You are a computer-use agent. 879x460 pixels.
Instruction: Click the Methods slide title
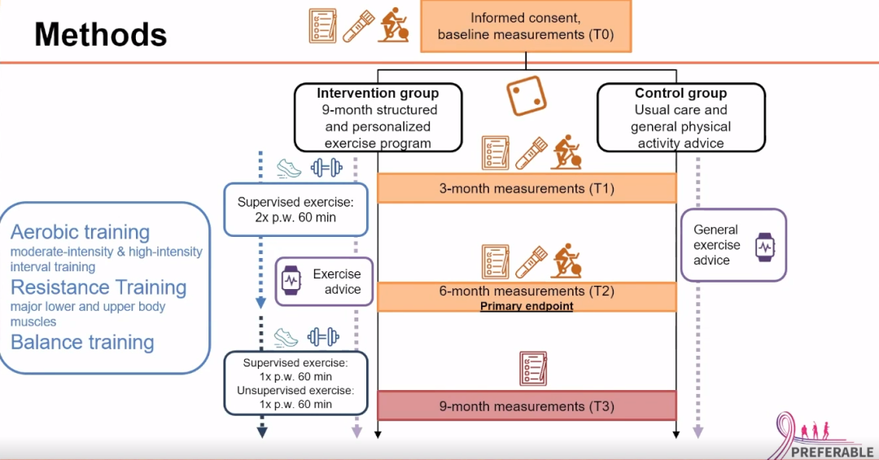pos(100,34)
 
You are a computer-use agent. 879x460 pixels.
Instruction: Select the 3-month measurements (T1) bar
pos(527,189)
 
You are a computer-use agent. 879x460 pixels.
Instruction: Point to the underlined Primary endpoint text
pos(527,306)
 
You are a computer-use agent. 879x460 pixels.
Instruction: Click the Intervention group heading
pos(378,93)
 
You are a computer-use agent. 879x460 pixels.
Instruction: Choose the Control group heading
pos(680,93)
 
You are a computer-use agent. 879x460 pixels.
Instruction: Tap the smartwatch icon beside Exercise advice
pos(291,282)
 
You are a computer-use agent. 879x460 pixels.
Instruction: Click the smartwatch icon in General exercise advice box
pos(765,246)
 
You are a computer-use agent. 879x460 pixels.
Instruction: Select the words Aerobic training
pos(81,233)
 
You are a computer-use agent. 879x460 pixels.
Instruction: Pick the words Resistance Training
pos(98,287)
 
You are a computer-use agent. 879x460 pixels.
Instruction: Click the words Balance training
pos(82,342)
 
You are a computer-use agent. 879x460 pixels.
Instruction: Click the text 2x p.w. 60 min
pos(296,217)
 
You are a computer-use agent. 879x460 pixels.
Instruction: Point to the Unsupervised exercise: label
pos(296,390)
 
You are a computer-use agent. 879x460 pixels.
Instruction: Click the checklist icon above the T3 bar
pos(533,369)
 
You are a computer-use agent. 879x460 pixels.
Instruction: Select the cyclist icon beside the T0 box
pos(395,25)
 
